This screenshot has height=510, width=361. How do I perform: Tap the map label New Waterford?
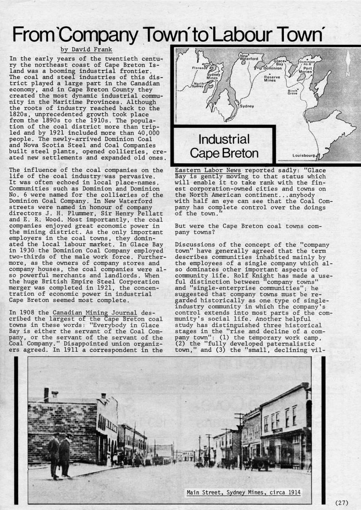coord(249,57)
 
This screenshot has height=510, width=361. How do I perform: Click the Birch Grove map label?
coord(293,92)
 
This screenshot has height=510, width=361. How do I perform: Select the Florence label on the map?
coord(201,67)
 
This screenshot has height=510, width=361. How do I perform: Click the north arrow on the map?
coord(348,63)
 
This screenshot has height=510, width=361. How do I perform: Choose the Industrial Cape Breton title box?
coord(224,146)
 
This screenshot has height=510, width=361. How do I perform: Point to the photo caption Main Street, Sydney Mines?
coord(243,493)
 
